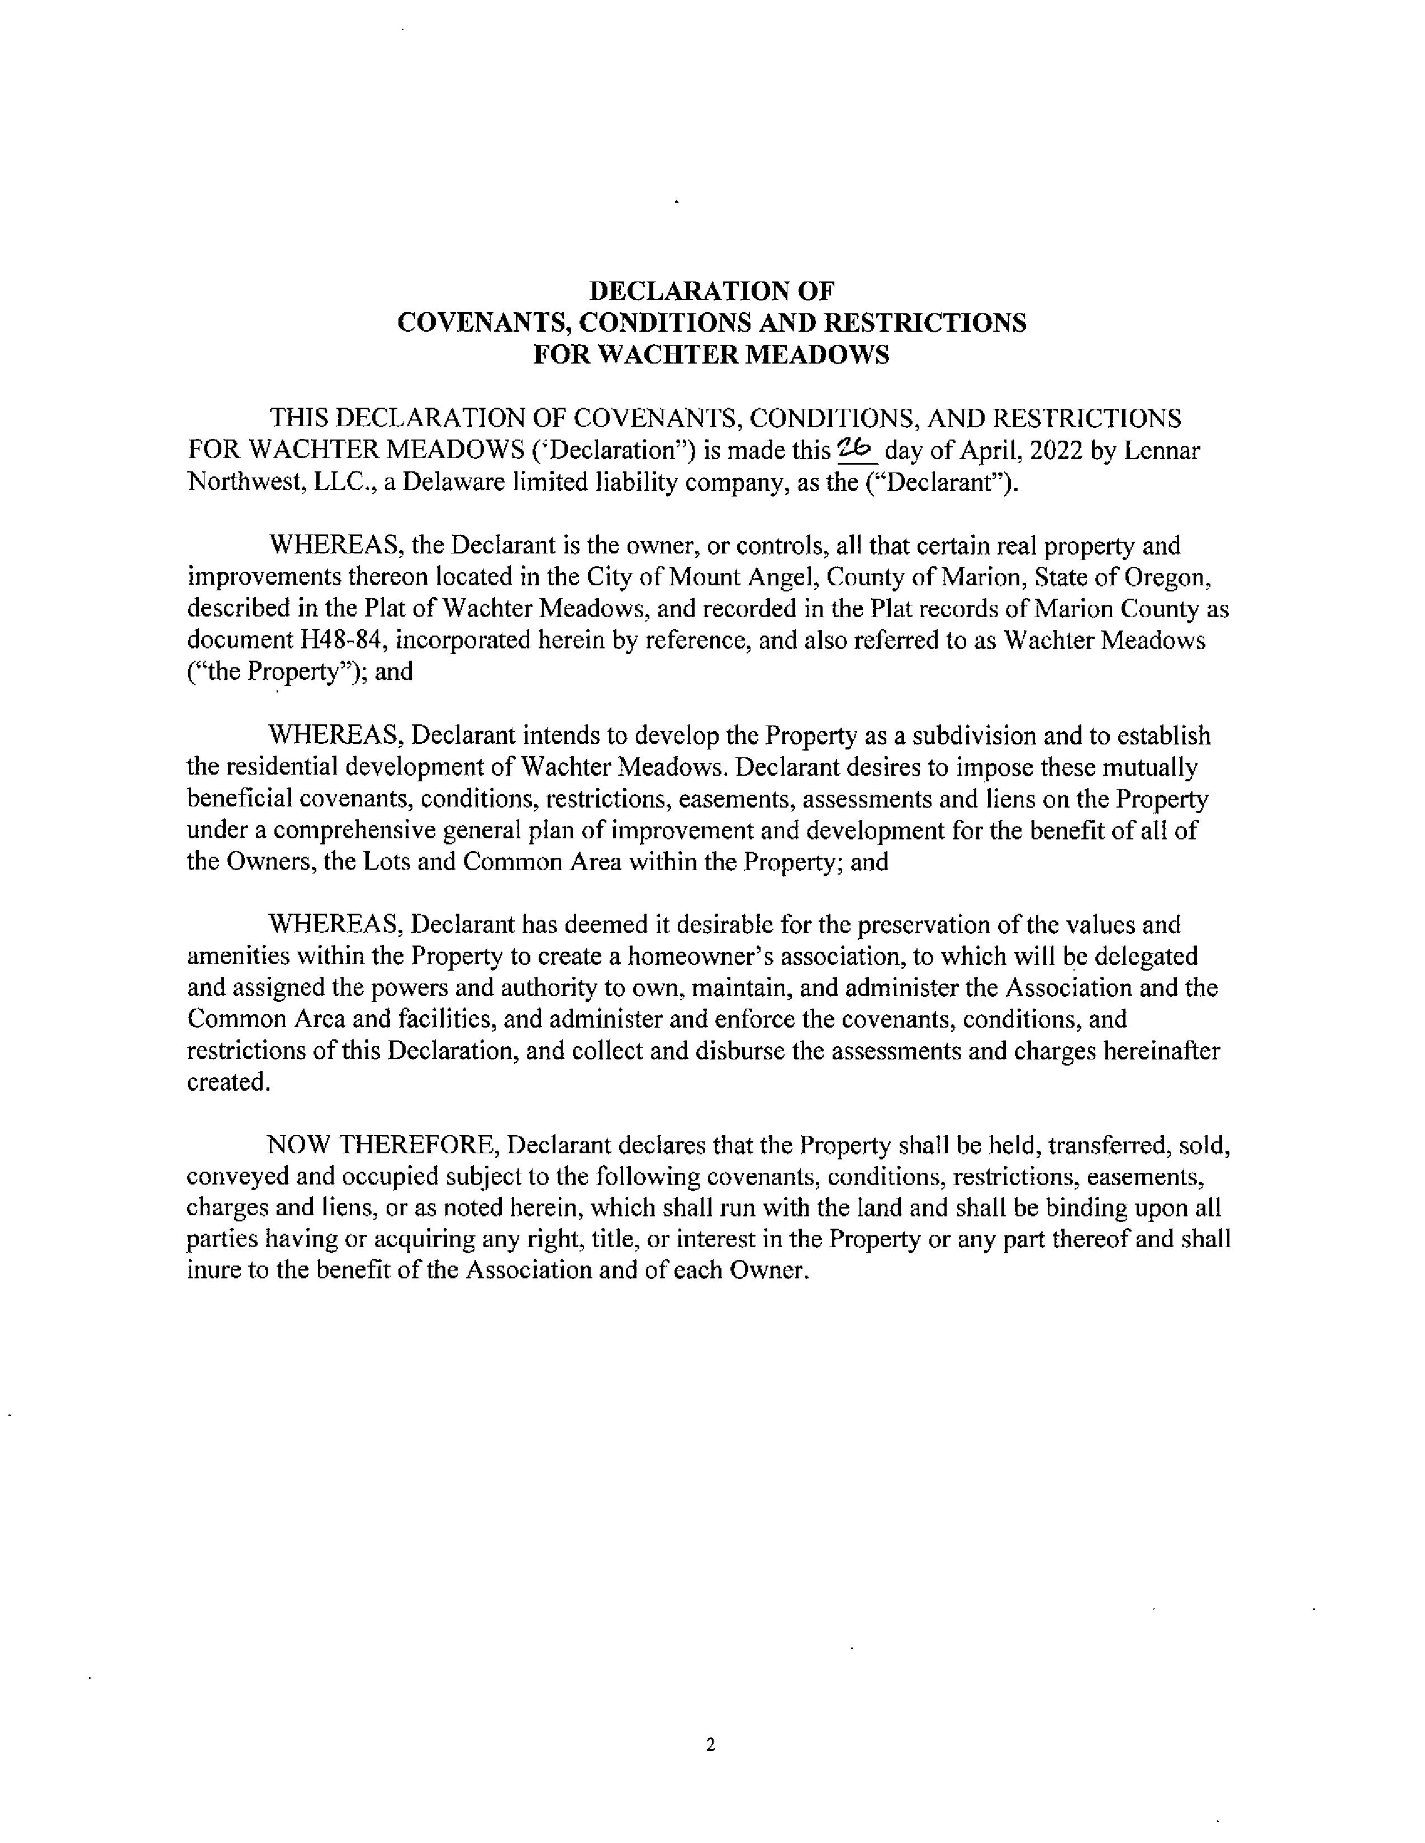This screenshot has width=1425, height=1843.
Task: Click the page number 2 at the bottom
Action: [x=710, y=1744]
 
